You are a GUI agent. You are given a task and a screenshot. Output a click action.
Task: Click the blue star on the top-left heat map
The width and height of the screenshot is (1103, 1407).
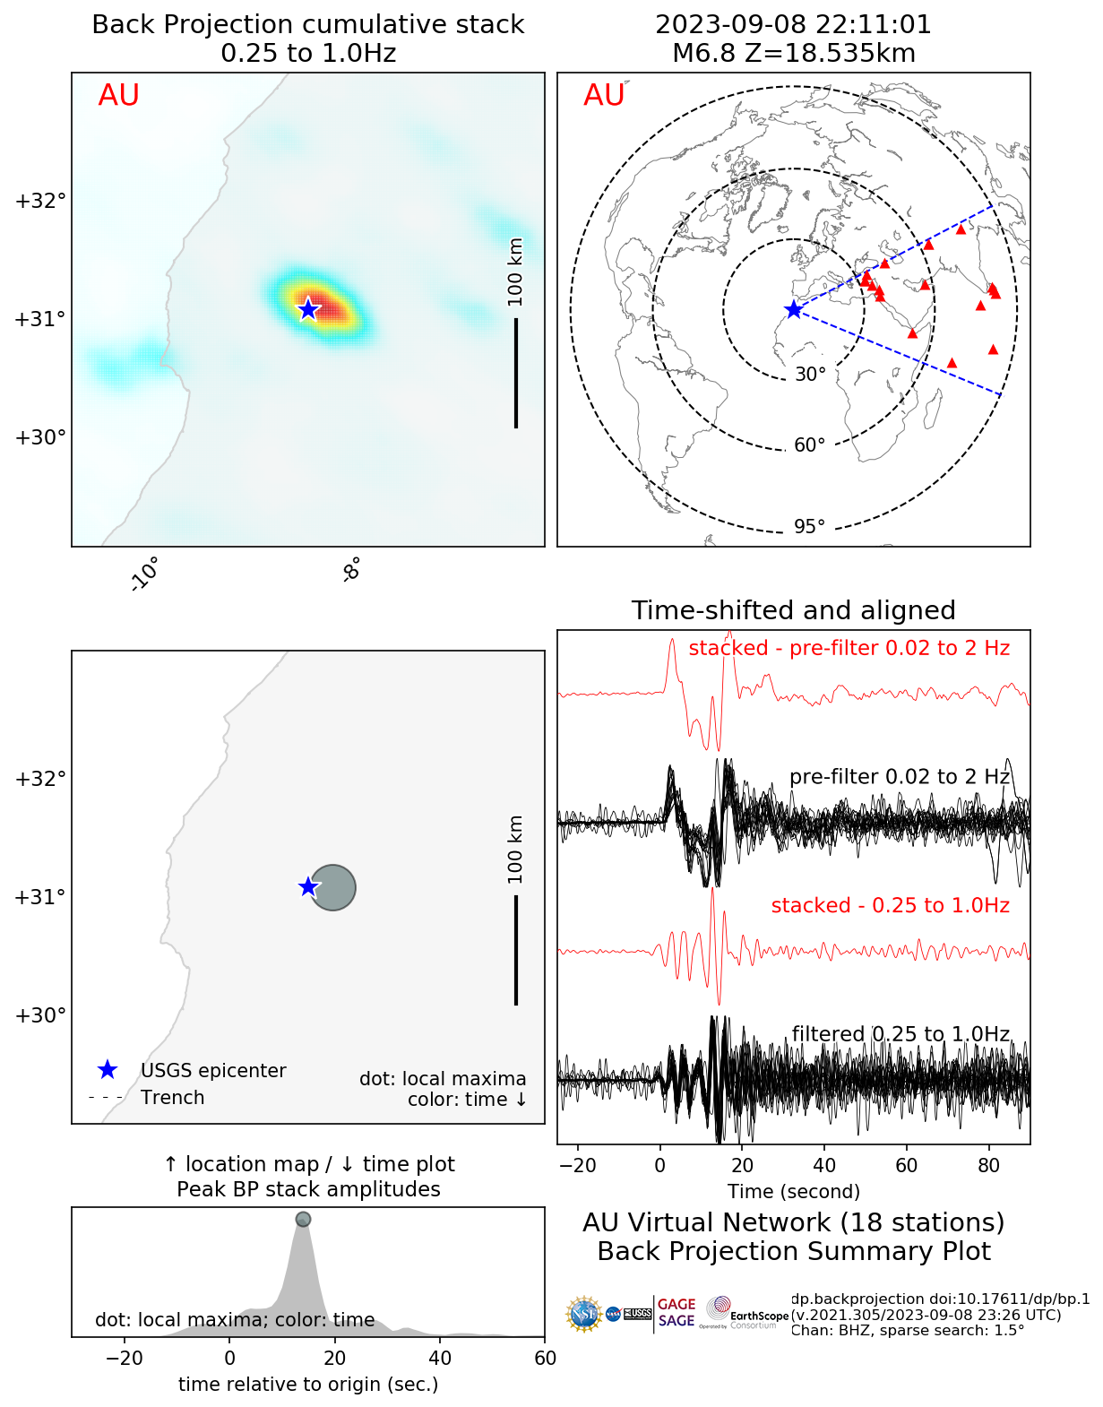click(308, 309)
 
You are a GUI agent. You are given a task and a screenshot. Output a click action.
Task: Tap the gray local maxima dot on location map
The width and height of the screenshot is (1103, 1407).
click(333, 887)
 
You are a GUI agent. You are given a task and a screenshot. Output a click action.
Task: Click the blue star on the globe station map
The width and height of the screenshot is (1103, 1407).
click(794, 309)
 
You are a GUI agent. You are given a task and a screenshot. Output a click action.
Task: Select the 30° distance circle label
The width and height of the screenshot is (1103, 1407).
click(810, 375)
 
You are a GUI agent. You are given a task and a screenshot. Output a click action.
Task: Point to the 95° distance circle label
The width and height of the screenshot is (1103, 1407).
click(809, 526)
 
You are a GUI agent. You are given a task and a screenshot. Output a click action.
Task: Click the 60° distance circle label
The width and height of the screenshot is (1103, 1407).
click(809, 445)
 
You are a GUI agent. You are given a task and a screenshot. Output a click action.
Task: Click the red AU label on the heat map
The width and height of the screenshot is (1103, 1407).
click(118, 96)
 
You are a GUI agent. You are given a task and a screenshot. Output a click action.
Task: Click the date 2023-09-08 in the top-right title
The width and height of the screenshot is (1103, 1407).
click(731, 25)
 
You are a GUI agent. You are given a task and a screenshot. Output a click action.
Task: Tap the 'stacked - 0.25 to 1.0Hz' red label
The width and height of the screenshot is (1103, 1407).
click(890, 905)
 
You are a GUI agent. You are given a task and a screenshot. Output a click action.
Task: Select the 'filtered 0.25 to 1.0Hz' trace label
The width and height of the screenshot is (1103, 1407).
click(900, 1034)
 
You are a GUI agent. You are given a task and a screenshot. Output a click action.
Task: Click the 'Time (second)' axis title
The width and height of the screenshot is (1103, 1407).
click(793, 1191)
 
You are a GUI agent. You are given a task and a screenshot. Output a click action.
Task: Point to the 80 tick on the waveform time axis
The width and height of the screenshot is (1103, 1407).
click(989, 1165)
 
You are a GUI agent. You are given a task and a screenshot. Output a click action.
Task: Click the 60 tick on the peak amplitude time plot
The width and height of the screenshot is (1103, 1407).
click(545, 1358)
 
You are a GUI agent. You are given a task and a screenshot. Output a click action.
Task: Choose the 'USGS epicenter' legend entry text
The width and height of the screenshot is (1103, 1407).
click(213, 1071)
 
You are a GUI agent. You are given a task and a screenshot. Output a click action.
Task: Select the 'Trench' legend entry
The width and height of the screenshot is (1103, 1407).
click(172, 1098)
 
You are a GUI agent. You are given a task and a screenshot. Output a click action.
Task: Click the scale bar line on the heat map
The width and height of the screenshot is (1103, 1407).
click(516, 373)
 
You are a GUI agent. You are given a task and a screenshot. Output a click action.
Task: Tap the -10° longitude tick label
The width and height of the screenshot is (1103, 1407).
click(144, 574)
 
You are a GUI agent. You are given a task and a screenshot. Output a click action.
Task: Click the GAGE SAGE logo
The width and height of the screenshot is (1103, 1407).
click(676, 1313)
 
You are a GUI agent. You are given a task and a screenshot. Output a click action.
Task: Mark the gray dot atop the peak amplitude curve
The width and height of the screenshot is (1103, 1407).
click(303, 1219)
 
